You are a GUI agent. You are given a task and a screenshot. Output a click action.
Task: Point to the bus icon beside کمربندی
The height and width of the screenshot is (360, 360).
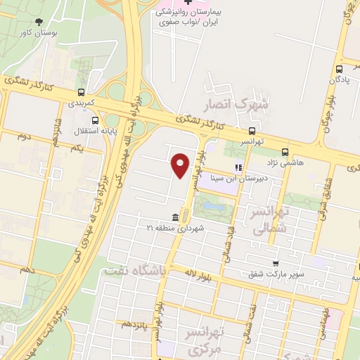(x=83, y=92)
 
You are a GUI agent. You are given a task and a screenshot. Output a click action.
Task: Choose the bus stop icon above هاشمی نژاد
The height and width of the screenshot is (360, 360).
(x=285, y=151)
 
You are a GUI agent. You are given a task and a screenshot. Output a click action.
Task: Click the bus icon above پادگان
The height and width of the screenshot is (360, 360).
(x=340, y=69)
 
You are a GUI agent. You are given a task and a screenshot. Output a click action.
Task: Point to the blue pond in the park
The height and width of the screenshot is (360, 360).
(x=213, y=207)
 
